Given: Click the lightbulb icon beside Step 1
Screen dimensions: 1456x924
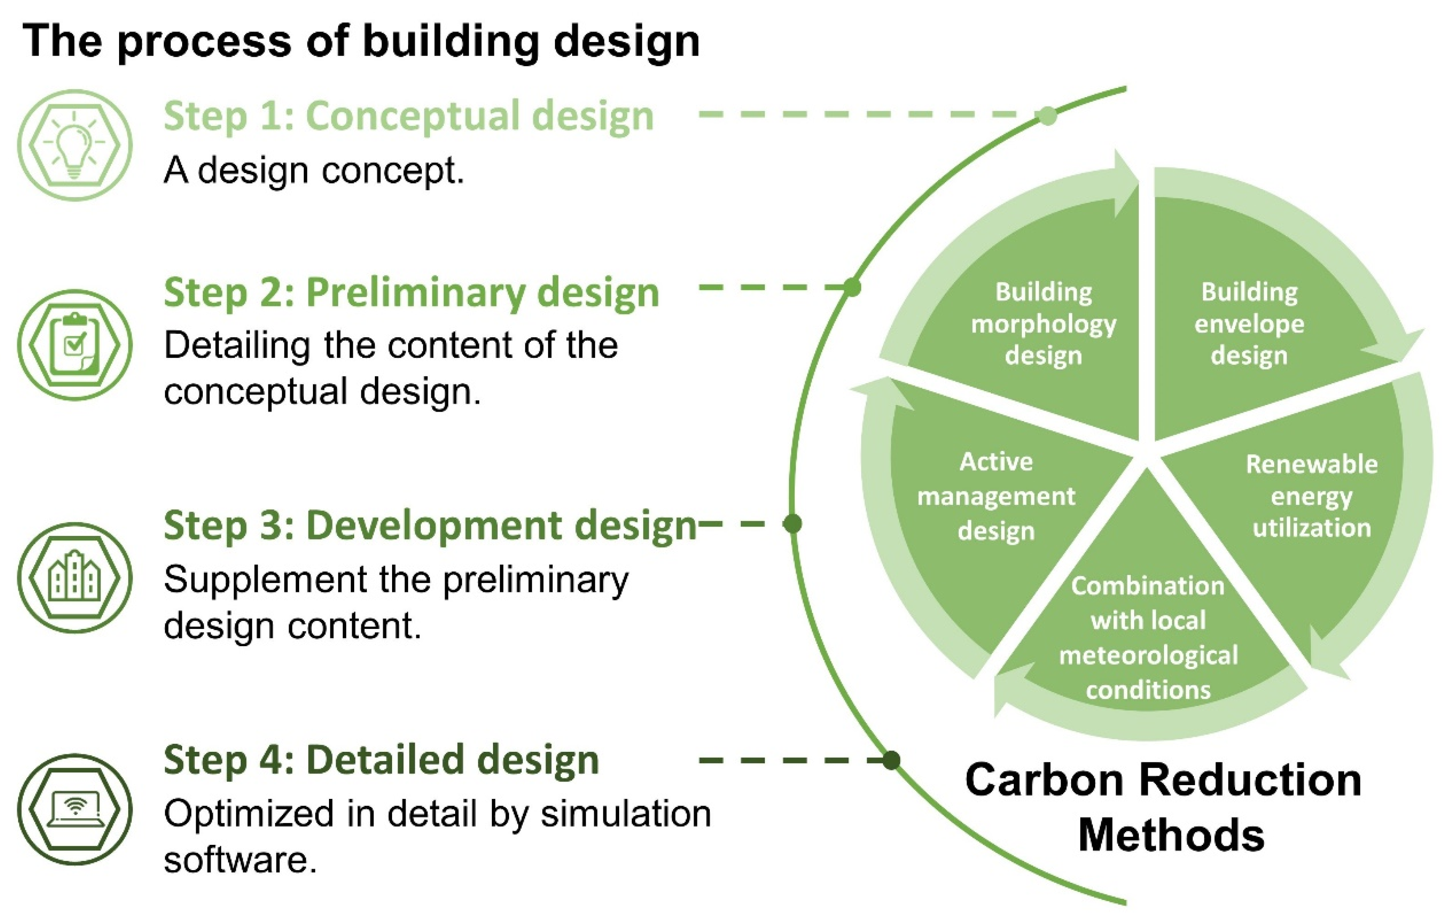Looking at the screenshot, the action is (74, 145).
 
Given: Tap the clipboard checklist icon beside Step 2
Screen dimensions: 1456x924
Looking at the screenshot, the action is (74, 345).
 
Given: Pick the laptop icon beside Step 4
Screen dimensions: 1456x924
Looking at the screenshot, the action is (74, 809).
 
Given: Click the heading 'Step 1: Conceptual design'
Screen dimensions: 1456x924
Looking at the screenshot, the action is (409, 116).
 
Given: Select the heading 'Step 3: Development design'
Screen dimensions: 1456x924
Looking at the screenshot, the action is (430, 526).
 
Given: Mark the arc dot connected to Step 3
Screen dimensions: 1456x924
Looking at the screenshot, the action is (792, 523).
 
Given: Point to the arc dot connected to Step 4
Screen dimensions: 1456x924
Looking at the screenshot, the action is (891, 760).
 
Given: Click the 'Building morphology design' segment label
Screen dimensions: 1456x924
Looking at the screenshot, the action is (1044, 324).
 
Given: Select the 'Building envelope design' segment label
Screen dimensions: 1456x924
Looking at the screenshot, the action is (1249, 324).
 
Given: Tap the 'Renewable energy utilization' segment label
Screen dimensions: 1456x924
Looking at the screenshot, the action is (1311, 496).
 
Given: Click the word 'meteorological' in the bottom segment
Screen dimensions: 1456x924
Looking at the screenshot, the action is (1148, 655).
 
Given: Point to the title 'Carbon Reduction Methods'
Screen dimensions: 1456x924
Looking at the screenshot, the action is (1164, 807).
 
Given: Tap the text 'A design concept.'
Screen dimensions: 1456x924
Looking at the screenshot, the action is (314, 170).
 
